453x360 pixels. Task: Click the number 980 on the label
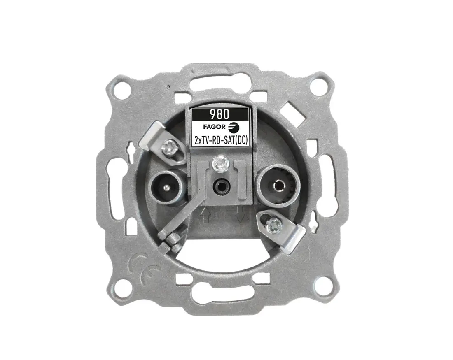point(219,114)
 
